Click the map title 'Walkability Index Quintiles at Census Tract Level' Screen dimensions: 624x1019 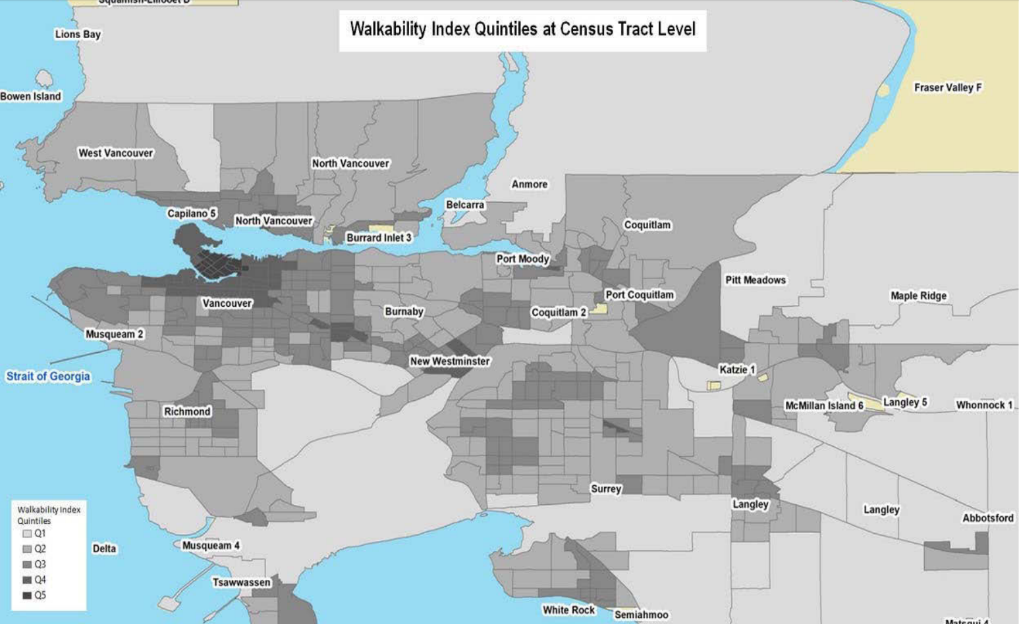[x=522, y=30]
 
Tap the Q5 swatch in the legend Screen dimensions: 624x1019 [x=28, y=595]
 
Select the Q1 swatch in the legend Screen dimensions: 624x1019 [x=28, y=533]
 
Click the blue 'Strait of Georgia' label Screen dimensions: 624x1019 [x=48, y=377]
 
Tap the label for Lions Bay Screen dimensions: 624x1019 [x=78, y=34]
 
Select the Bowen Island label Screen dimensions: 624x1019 [x=30, y=96]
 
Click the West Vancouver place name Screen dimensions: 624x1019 [x=116, y=153]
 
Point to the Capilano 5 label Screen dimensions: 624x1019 [x=191, y=213]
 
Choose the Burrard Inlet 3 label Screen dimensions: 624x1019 [x=379, y=238]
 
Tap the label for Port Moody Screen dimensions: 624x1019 [x=522, y=259]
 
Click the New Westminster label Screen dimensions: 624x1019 [x=450, y=361]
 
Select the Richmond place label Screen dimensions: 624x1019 [x=187, y=411]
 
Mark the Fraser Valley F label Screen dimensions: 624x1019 [x=947, y=88]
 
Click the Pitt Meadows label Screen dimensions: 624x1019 [x=756, y=280]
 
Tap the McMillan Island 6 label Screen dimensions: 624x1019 [x=823, y=405]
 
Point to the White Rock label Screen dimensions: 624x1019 [x=568, y=610]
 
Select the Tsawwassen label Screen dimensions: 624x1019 [x=241, y=583]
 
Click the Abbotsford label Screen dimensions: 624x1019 [x=987, y=518]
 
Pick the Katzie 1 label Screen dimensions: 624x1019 [x=737, y=369]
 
